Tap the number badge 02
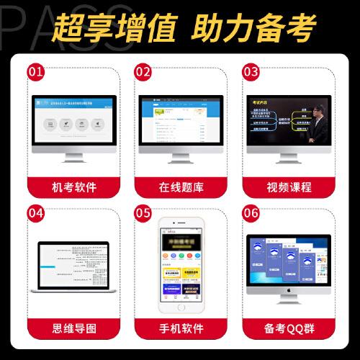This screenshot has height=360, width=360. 143,72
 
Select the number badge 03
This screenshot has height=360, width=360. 251,72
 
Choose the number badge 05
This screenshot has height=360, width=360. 143,212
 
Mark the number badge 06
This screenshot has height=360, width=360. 251,212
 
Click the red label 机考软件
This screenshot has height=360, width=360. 72,187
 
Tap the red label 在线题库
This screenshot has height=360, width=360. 179,187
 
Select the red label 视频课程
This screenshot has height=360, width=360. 287,187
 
